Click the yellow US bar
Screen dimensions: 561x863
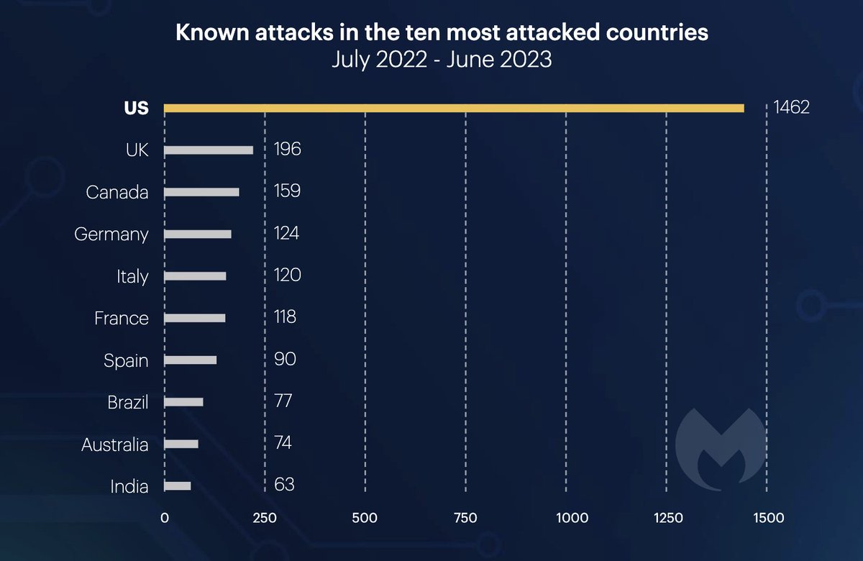pyautogui.click(x=454, y=108)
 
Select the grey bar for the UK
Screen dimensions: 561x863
pyautogui.click(x=209, y=150)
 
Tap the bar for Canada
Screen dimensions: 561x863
pyautogui.click(x=201, y=192)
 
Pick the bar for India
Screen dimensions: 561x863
pyautogui.click(x=178, y=486)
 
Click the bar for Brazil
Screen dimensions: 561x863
pyautogui.click(x=183, y=402)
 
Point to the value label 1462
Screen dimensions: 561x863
pyautogui.click(x=792, y=108)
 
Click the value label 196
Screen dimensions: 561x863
pyautogui.click(x=287, y=150)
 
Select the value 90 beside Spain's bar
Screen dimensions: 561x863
pyautogui.click(x=285, y=358)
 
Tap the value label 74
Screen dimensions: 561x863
pyautogui.click(x=283, y=442)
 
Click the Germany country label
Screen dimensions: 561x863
pyautogui.click(x=111, y=234)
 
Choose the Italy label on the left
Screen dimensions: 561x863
pyautogui.click(x=132, y=276)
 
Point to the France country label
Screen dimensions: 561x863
pyautogui.click(x=122, y=318)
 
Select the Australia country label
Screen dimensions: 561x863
pyautogui.click(x=115, y=444)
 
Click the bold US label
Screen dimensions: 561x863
pyautogui.click(x=135, y=109)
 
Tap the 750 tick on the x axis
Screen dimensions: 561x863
pyautogui.click(x=466, y=517)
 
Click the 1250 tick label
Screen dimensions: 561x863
pyautogui.click(x=667, y=517)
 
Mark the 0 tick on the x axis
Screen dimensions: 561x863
pyautogui.click(x=165, y=517)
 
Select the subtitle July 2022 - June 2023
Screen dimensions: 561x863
pyautogui.click(x=442, y=59)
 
